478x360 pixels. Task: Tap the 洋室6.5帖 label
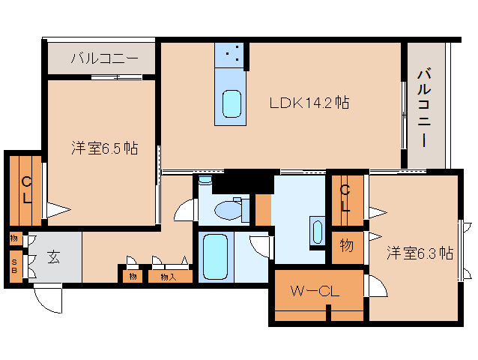(104, 148)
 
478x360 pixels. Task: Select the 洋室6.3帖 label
(420, 253)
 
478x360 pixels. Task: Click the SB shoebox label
(14, 265)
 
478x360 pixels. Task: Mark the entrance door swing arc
(46, 300)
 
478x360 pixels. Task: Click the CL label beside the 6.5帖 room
(25, 188)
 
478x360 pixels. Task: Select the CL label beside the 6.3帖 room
(346, 198)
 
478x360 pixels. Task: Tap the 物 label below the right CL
(347, 244)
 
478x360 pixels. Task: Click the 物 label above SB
(14, 238)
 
